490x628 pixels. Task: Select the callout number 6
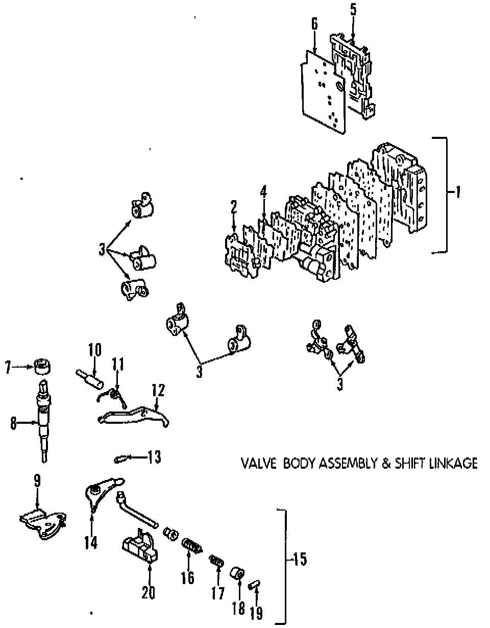pyautogui.click(x=314, y=23)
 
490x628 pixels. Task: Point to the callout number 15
pyautogui.click(x=299, y=560)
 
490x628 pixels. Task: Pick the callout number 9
pyautogui.click(x=37, y=480)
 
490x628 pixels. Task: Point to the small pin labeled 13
pyautogui.click(x=122, y=457)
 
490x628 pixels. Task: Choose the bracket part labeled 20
pyautogui.click(x=140, y=549)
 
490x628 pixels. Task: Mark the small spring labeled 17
pyautogui.click(x=217, y=563)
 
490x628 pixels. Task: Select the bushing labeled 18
pyautogui.click(x=237, y=575)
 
